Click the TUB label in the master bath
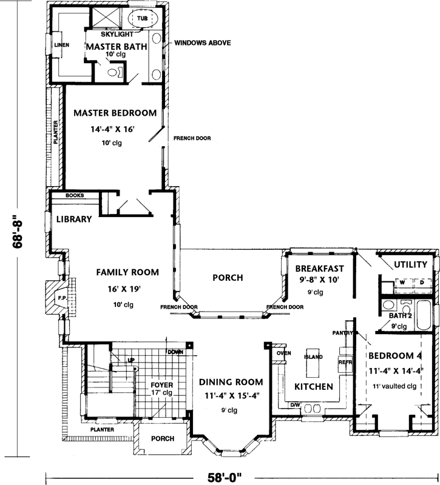pyautogui.click(x=142, y=19)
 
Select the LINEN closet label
pyautogui.click(x=61, y=45)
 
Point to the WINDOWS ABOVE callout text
pyautogui.click(x=202, y=44)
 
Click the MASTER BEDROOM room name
pyautogui.click(x=115, y=113)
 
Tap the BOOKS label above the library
pyautogui.click(x=83, y=196)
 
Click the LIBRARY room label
pyautogui.click(x=74, y=219)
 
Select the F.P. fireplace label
pyautogui.click(x=61, y=299)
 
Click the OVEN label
pyautogui.click(x=284, y=353)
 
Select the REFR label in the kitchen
pyautogui.click(x=345, y=362)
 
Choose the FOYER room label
pyautogui.click(x=162, y=385)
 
